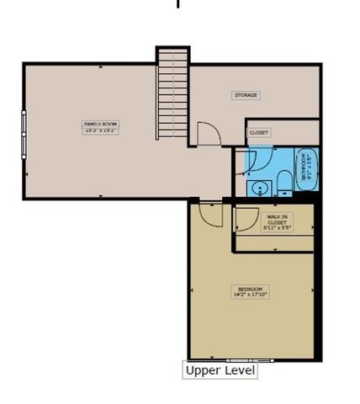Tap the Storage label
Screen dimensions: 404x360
[x=246, y=95]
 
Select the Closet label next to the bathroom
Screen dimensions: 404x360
[x=258, y=132]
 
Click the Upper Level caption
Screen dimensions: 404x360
[x=220, y=370]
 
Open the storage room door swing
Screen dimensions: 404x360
[x=207, y=133]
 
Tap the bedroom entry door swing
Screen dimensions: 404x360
[x=209, y=214]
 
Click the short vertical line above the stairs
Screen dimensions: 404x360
[x=177, y=4]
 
